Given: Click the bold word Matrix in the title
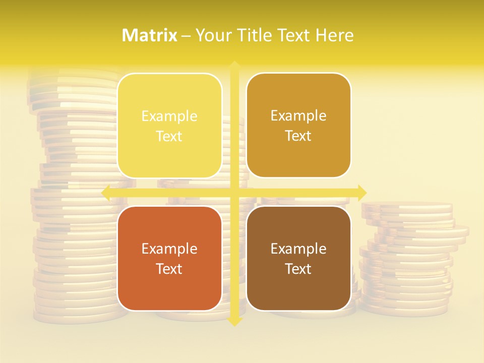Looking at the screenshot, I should (150, 35).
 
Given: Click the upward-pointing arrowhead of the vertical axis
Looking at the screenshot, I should (234, 66).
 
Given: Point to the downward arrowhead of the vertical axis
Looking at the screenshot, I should (234, 321).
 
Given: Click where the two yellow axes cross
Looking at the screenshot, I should (234, 193).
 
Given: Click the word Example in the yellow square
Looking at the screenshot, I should (169, 116).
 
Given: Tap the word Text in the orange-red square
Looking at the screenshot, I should (169, 269).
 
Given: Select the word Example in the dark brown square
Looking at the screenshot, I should (298, 249).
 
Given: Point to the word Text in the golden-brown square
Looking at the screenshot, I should (298, 136).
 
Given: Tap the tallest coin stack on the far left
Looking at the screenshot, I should (76, 202).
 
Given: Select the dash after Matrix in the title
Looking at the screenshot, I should (186, 36).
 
